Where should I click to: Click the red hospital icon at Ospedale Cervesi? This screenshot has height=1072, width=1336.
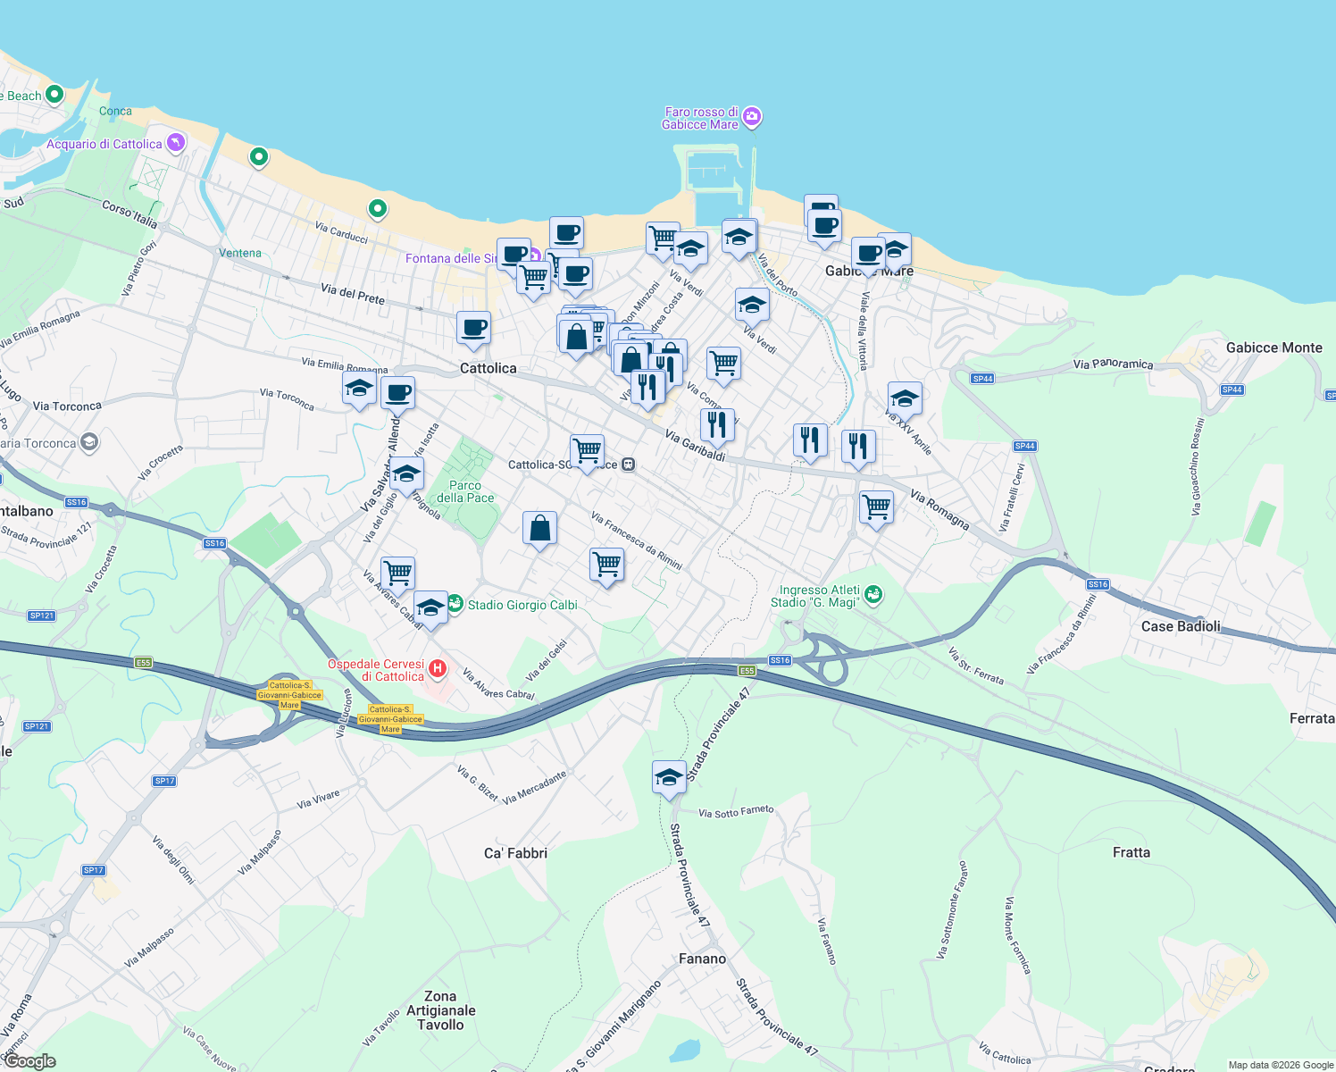(438, 668)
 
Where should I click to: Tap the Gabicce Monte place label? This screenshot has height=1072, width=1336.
(1273, 348)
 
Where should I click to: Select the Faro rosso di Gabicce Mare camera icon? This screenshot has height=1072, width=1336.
(752, 117)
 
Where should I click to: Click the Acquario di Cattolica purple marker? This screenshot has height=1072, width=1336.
(176, 142)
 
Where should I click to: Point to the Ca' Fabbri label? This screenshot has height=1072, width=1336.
(515, 853)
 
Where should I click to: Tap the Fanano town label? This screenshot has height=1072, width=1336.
(702, 959)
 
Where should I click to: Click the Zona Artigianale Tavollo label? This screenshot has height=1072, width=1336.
(440, 1010)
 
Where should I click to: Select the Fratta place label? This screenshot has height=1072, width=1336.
(1131, 852)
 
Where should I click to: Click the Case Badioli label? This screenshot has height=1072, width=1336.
(1180, 626)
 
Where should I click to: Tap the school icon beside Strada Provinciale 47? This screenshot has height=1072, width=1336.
(669, 777)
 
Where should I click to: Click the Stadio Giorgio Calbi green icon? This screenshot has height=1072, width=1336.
(455, 605)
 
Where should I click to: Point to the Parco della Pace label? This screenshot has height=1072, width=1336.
(465, 491)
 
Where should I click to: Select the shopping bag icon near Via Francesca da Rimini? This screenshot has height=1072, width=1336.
(539, 528)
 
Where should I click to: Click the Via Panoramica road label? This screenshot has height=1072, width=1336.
(1113, 364)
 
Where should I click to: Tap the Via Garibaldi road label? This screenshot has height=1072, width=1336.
(695, 445)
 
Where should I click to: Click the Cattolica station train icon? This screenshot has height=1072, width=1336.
(629, 465)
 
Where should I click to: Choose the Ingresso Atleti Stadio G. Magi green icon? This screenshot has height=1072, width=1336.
(873, 594)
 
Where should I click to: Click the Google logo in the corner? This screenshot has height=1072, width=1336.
(29, 1061)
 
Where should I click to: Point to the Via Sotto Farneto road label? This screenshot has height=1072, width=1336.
(736, 812)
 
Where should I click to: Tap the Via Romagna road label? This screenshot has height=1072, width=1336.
(939, 508)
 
